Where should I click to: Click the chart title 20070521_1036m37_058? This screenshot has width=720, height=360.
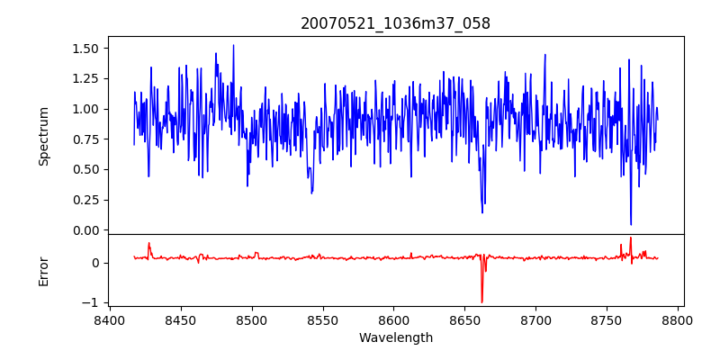pos(395,24)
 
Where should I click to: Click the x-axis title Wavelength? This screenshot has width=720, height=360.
pos(395,337)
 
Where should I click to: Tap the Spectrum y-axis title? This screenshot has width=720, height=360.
pos(44,136)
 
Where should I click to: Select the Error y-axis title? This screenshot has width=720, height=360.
pos(44,270)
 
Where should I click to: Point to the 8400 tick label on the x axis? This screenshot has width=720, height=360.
pos(110,319)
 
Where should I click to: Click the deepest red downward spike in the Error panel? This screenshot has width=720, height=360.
pos(481,301)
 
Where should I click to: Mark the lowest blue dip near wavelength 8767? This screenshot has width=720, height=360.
pos(631,224)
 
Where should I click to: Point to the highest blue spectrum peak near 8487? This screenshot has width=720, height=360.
pos(233,46)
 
